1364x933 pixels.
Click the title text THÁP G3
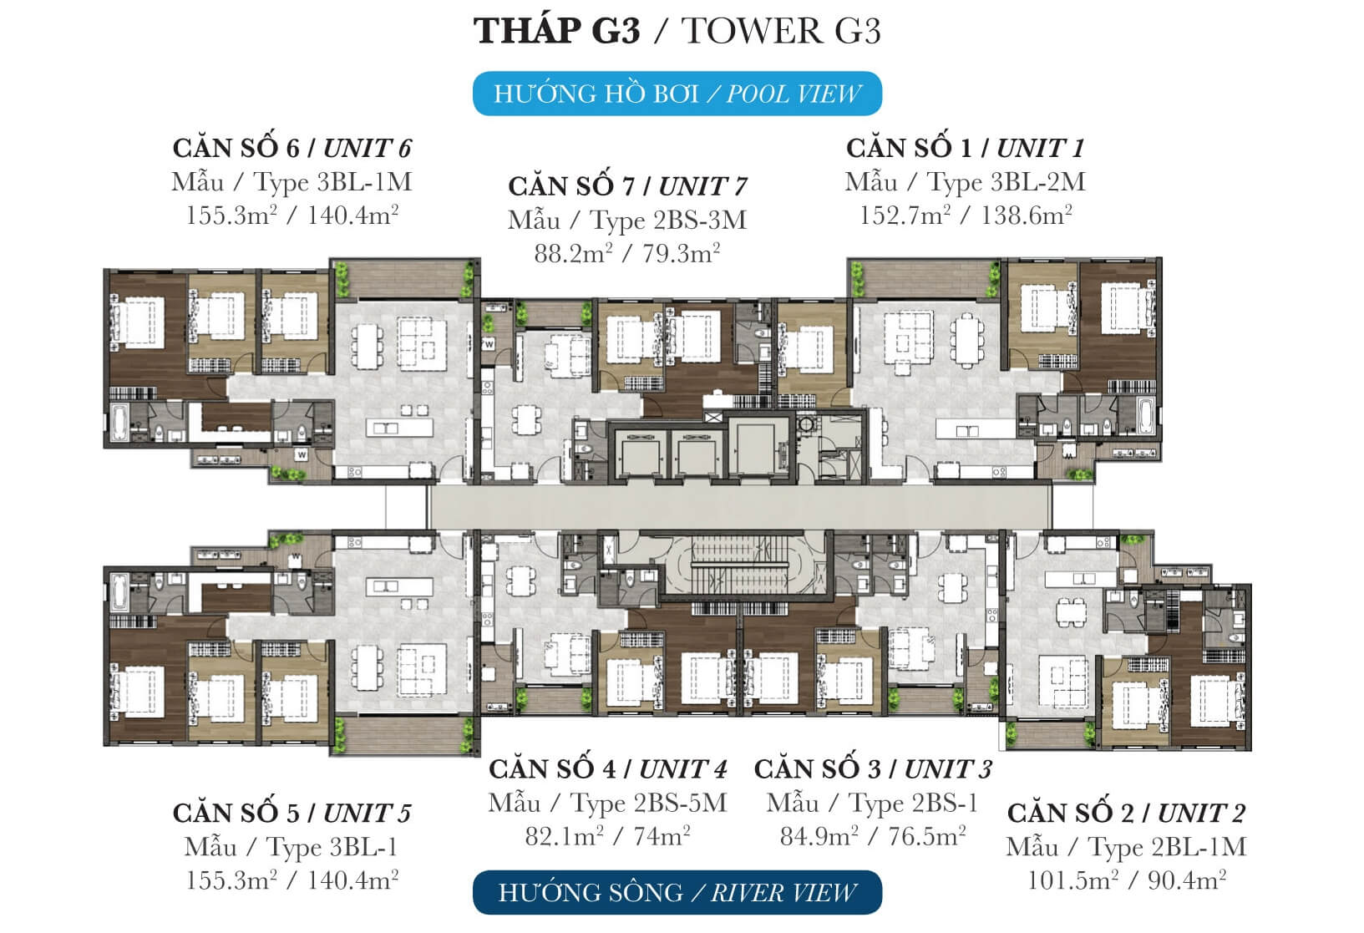[x=557, y=30]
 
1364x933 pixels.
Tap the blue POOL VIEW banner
[x=677, y=94]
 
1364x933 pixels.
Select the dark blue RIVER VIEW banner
[x=677, y=892]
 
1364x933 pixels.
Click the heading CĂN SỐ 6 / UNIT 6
[x=292, y=148]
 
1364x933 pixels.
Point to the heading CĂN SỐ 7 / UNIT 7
[x=627, y=186]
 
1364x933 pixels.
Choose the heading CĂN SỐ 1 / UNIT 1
[x=966, y=148]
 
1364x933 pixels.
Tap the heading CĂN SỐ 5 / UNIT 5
[x=292, y=813]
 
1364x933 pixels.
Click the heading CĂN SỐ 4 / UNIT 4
[x=608, y=769]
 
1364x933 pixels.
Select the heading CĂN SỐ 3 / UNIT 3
[x=873, y=769]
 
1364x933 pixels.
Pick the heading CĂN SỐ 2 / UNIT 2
[x=1127, y=813]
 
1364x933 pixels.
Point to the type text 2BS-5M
[x=681, y=803]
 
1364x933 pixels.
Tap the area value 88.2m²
[x=574, y=253]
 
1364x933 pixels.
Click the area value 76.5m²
[x=927, y=836]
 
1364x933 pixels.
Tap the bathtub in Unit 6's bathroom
[x=118, y=422]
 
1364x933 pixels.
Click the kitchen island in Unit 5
[x=399, y=587]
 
